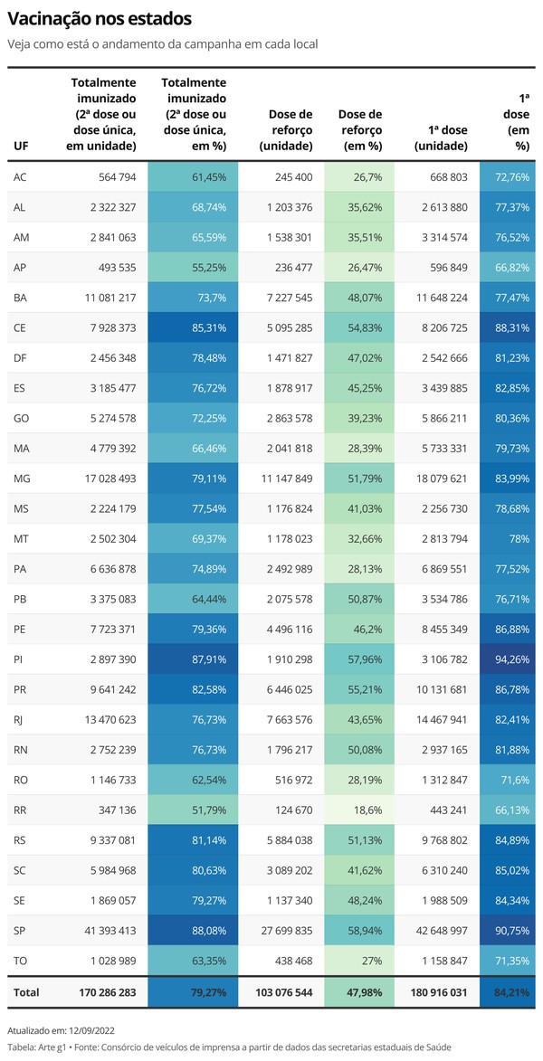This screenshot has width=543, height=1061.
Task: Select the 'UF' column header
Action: click(x=19, y=146)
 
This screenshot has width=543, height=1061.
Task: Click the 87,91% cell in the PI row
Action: click(x=209, y=659)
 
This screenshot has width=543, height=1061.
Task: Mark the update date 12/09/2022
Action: click(x=91, y=1030)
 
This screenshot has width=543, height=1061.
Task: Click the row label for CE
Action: click(x=19, y=327)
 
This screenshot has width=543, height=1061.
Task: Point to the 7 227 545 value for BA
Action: click(x=285, y=298)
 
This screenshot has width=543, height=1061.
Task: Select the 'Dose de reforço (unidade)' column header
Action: click(x=290, y=130)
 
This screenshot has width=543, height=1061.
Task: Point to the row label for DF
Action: click(x=19, y=358)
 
